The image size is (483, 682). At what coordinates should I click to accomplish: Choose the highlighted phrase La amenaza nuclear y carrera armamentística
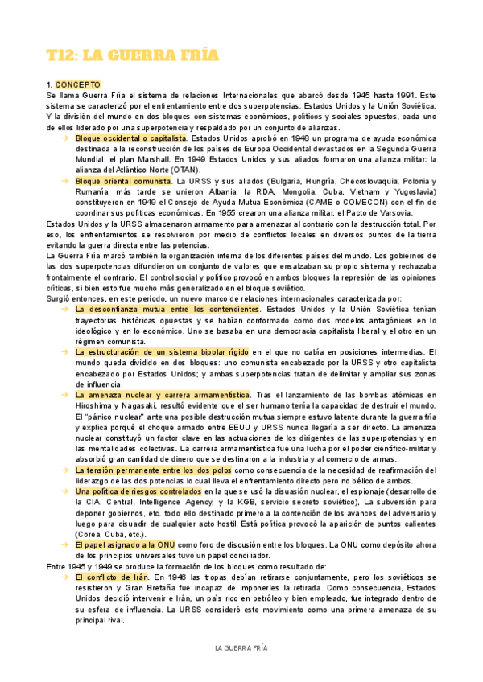click(x=163, y=395)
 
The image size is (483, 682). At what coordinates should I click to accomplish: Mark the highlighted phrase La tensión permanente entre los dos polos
click(x=154, y=469)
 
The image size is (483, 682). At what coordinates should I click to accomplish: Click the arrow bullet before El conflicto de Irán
click(x=64, y=577)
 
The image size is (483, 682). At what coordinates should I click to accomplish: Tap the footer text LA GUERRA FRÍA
click(x=241, y=647)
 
